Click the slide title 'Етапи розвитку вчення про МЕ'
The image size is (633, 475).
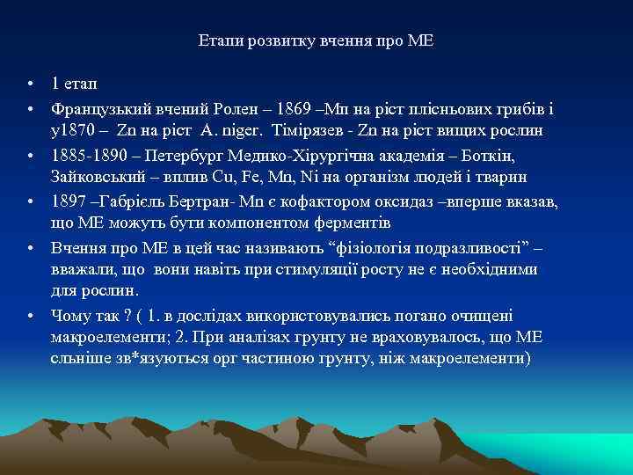point(316,41)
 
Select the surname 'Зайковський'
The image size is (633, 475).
point(96,176)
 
